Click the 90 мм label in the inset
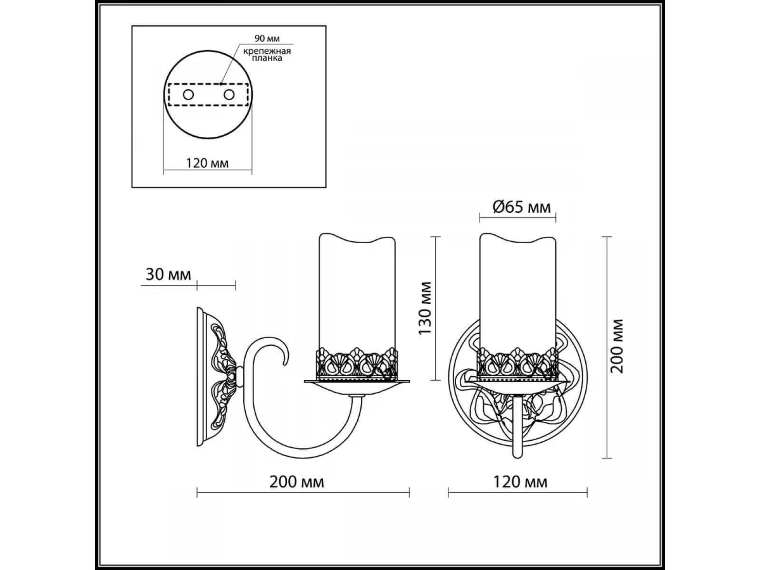point(267,39)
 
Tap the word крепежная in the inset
point(267,51)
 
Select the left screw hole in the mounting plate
point(188,94)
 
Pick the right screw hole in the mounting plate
point(229,94)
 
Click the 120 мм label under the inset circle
point(207,163)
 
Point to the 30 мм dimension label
point(168,274)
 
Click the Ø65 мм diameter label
point(521,207)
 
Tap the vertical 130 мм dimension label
point(425,308)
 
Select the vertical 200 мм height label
point(617,346)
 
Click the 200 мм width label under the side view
point(297,482)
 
